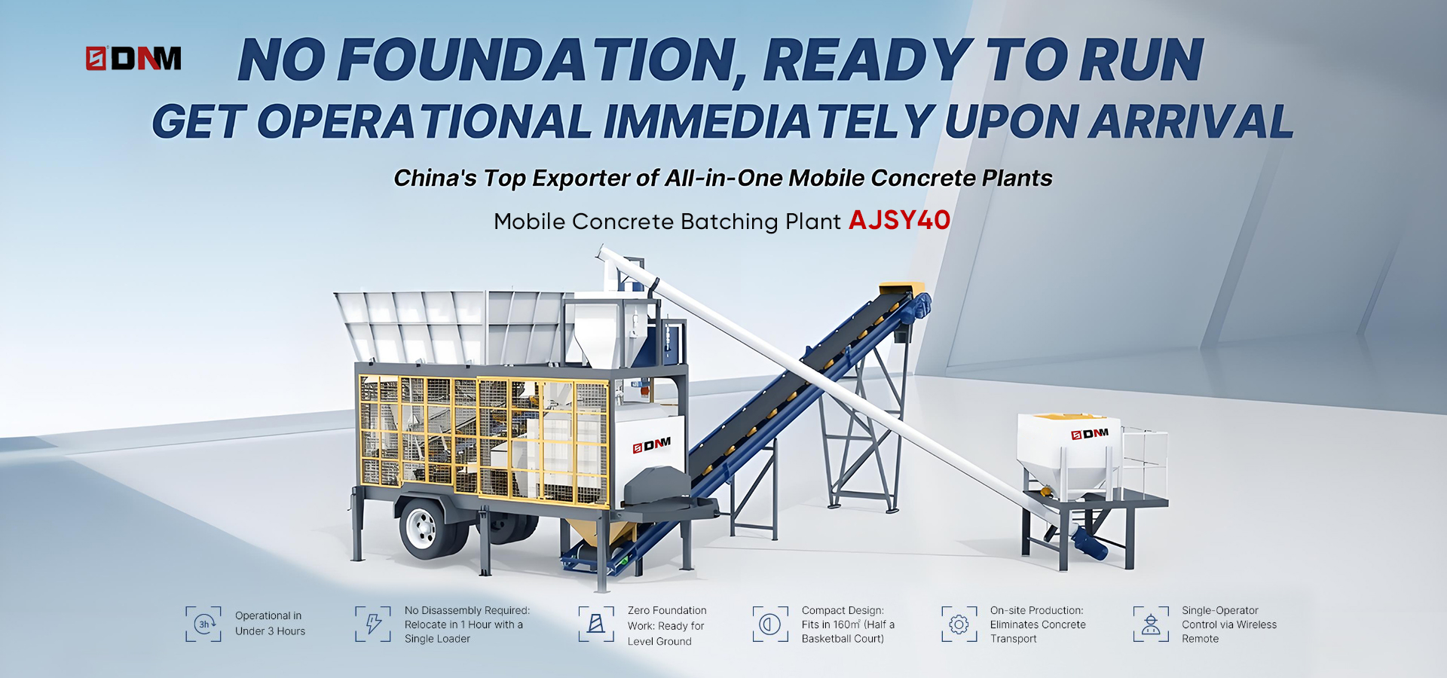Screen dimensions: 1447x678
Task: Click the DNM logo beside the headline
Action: (x=133, y=58)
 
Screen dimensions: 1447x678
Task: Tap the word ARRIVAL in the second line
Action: (x=1191, y=121)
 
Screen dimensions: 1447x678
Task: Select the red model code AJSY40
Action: (x=899, y=220)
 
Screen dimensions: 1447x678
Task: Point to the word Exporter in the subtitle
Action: (x=580, y=179)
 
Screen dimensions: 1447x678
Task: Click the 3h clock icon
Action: (x=203, y=624)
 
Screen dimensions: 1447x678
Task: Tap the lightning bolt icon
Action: (x=373, y=624)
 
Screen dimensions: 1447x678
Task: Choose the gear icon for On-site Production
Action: (x=959, y=624)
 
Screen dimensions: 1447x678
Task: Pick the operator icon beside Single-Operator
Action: (x=1151, y=624)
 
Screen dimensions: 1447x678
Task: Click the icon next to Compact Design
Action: (x=770, y=624)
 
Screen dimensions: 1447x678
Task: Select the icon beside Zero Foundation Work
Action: (x=596, y=624)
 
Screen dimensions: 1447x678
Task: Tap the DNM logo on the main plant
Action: (x=652, y=445)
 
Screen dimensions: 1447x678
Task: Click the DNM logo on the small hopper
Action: (x=1090, y=434)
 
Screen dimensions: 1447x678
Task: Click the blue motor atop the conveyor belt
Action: (x=920, y=308)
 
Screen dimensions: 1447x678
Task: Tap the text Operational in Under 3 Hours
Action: (x=270, y=624)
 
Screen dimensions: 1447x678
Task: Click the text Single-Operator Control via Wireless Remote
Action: (x=1229, y=625)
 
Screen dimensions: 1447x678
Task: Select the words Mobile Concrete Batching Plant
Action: (x=667, y=221)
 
